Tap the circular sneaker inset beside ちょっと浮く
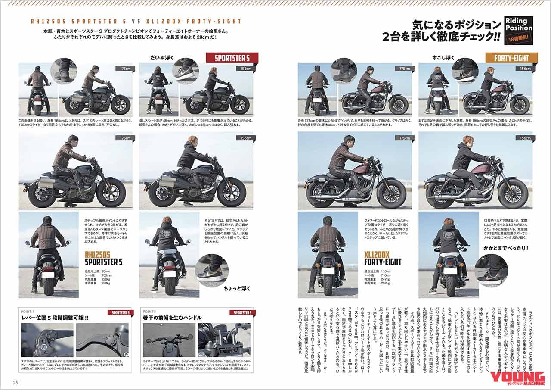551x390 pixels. tap(210, 268)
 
